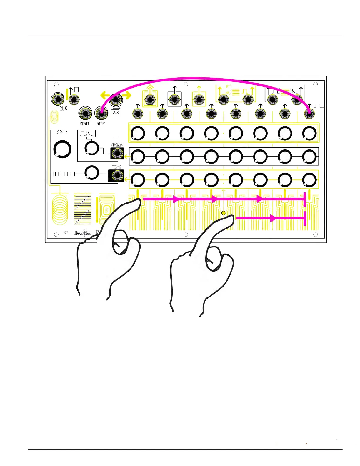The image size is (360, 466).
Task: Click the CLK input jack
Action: [x=58, y=99]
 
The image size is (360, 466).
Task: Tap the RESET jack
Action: [x=85, y=113]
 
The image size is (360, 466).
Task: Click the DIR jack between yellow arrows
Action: [x=116, y=100]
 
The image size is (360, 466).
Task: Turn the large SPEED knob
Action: [x=62, y=149]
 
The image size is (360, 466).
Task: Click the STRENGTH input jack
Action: [x=117, y=153]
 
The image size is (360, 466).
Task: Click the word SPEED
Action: [x=62, y=132]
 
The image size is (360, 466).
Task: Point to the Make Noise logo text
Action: [x=83, y=233]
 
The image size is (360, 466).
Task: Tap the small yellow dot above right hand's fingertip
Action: [x=224, y=213]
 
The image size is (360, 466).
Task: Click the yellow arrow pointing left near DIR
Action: [x=105, y=95]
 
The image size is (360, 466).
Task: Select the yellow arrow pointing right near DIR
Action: [x=127, y=95]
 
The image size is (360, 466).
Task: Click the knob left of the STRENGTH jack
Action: [x=92, y=148]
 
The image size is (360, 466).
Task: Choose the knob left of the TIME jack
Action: [x=92, y=173]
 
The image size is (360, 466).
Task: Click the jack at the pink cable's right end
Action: [x=309, y=114]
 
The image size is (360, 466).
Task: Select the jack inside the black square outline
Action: [x=175, y=100]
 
